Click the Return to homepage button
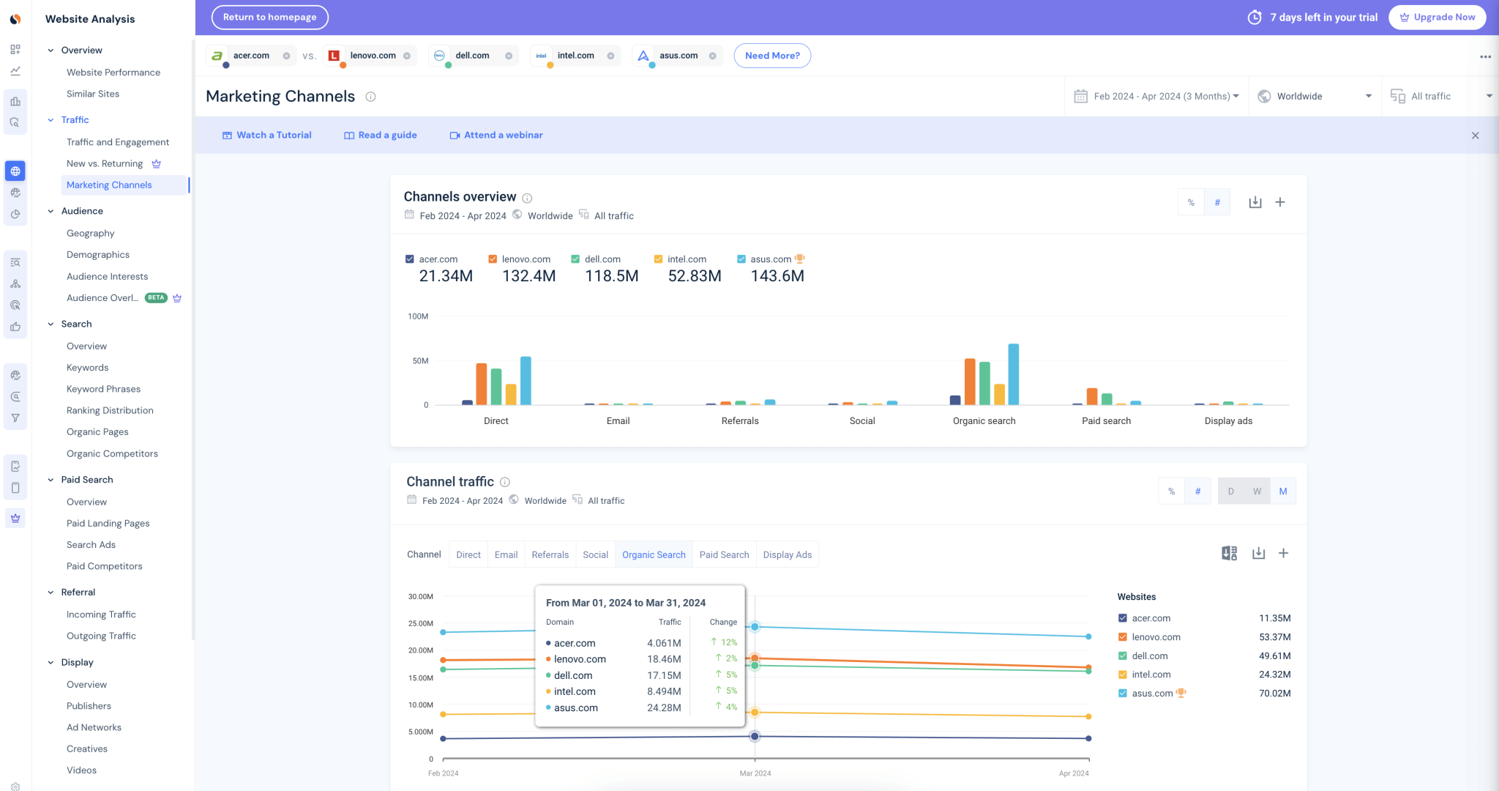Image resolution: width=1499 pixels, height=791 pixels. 269,17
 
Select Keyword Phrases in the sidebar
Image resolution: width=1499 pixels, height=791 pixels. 103,389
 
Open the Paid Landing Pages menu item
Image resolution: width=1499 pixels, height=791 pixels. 108,523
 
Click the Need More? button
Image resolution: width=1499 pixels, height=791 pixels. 771,56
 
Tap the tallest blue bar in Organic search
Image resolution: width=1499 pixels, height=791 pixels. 1013,374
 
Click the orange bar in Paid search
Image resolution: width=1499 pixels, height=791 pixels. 1091,396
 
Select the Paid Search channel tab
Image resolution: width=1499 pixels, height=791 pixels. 724,554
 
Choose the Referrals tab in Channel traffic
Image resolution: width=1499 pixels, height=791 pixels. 550,554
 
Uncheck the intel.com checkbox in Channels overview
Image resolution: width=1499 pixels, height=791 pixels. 658,259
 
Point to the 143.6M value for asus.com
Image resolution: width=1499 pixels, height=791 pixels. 777,276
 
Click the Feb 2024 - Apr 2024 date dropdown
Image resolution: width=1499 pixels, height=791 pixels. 1156,96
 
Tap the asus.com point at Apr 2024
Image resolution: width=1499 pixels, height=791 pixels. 1088,636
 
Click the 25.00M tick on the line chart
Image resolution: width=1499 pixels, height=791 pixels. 420,623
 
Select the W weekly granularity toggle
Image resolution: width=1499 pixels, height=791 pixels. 1257,491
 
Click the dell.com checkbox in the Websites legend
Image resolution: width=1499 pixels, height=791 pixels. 1123,656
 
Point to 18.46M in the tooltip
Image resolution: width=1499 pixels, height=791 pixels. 664,659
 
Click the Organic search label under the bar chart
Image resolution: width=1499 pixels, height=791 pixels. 984,421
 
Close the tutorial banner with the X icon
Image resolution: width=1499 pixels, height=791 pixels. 1475,135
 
